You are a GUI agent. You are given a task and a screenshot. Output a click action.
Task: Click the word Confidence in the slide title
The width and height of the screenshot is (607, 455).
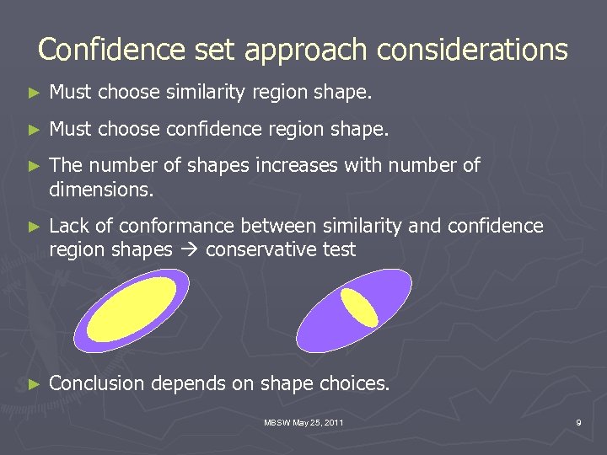[95, 50]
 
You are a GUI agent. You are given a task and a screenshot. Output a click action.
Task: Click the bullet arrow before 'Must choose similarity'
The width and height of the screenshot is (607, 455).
[34, 93]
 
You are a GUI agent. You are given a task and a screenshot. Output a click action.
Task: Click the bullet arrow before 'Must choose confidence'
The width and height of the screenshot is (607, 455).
[34, 130]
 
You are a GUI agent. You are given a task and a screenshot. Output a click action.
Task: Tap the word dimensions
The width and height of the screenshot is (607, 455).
[101, 190]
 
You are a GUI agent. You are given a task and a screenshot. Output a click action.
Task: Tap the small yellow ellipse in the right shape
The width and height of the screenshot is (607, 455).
[358, 307]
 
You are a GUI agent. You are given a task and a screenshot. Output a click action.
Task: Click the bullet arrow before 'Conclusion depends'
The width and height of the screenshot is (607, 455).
[34, 384]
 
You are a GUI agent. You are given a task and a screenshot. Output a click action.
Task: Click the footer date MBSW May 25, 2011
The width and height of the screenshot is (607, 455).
[303, 421]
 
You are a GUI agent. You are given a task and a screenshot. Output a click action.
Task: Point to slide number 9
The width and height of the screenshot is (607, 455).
[578, 421]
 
